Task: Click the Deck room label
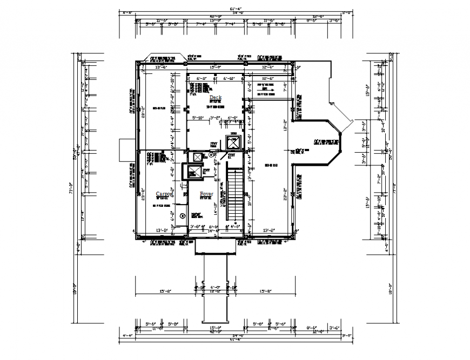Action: point(216,98)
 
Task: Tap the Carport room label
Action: point(164,193)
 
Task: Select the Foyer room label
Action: point(206,193)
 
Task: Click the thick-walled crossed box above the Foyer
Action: point(194,172)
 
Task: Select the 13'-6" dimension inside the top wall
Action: point(162,67)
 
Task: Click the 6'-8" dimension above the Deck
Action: point(202,79)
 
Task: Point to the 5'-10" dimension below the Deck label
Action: point(198,117)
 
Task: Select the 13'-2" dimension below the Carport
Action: point(162,230)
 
